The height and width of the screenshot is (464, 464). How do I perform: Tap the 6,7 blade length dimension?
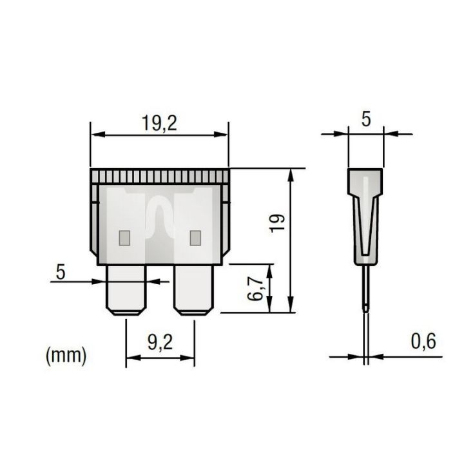[257, 288]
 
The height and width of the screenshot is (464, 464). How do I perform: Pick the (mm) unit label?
[66, 355]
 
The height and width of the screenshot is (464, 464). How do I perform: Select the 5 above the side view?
[365, 119]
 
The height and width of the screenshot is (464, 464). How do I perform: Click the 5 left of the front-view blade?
[61, 271]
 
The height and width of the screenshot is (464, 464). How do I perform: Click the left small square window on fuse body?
[125, 237]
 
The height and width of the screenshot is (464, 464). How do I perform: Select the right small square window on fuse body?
[193, 237]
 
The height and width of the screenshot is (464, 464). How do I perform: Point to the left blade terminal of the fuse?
[126, 290]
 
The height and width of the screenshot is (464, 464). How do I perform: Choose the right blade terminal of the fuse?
[193, 290]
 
